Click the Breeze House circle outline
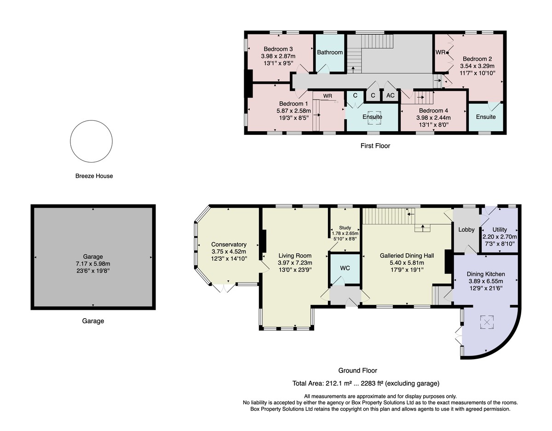70,141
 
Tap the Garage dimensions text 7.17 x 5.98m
93,264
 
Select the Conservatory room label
229,245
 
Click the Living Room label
295,256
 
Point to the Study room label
345,227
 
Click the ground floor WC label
345,268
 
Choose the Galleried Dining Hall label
407,256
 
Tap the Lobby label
466,230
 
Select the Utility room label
500,230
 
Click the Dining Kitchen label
486,274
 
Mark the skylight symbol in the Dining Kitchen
487,322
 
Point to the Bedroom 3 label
278,49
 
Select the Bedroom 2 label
477,59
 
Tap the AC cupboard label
391,95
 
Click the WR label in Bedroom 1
328,96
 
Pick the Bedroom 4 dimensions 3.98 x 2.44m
433,118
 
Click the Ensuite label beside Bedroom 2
486,116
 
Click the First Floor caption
375,146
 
